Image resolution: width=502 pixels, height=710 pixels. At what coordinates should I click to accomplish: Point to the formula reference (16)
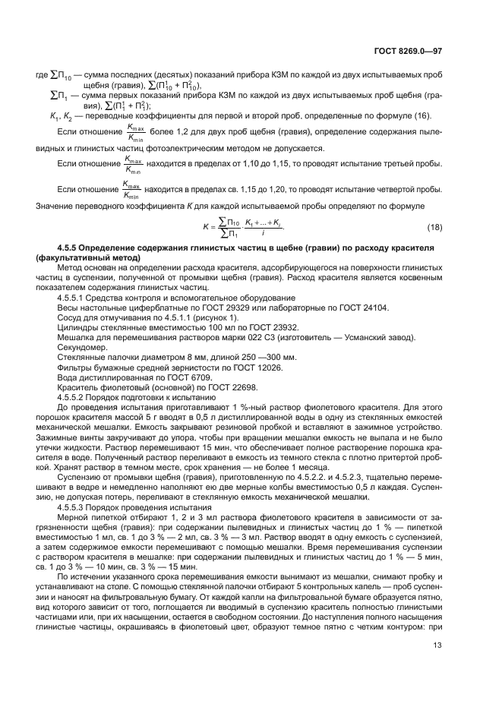[x=418, y=115]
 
